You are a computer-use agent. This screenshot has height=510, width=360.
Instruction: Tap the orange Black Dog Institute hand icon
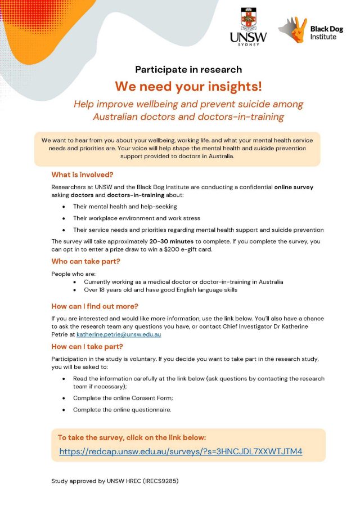(292, 30)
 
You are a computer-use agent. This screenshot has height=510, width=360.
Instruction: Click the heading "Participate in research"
(188, 70)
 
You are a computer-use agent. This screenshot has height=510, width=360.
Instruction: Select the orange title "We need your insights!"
(188, 87)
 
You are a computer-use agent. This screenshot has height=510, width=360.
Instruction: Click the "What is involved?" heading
(82, 175)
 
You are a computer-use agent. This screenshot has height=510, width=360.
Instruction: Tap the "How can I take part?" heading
(87, 346)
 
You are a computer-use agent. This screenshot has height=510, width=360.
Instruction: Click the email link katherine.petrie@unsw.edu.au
(119, 334)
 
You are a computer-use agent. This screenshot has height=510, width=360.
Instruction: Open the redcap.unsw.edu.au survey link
(181, 451)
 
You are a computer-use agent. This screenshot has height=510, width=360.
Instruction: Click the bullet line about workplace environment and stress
(136, 218)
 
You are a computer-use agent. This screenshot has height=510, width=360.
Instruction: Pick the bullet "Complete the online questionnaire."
(122, 410)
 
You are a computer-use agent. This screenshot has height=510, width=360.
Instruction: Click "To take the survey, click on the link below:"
(132, 437)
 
